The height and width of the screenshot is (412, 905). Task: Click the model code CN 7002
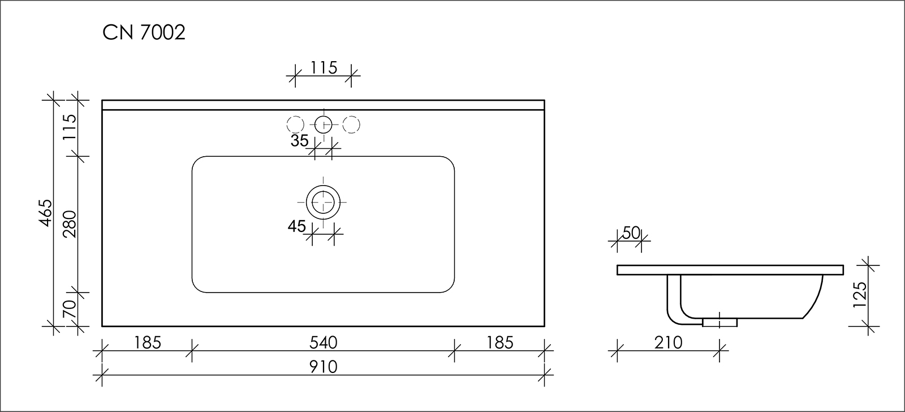point(144,32)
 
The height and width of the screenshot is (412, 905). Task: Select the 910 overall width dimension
point(323,367)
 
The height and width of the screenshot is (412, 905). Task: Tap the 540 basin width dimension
point(323,343)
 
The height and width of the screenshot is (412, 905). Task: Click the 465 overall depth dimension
point(46,213)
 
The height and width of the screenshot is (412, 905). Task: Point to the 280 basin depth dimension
point(70,224)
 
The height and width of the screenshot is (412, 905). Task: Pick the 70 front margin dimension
point(70,310)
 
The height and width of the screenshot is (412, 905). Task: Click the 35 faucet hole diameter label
point(299,141)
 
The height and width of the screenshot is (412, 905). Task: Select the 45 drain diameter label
point(297,226)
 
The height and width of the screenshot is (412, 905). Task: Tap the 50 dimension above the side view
point(631,233)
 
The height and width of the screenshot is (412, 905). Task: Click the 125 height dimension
point(860,295)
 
